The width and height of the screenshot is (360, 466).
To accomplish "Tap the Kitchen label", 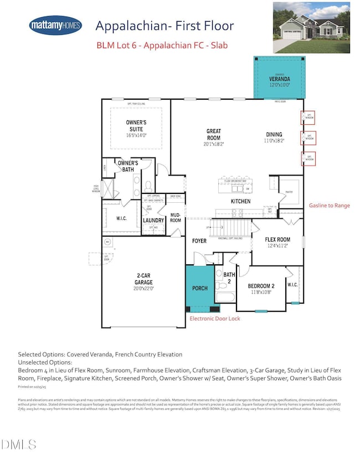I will click(x=241, y=201).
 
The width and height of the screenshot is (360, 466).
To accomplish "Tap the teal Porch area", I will click(x=199, y=288).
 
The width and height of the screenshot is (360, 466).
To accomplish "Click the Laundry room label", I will click(x=153, y=221).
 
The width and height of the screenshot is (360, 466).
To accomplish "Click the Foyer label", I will click(x=199, y=241).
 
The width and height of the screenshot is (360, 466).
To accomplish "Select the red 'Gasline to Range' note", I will click(x=329, y=206).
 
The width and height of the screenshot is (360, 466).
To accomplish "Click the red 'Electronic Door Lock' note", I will click(x=215, y=319).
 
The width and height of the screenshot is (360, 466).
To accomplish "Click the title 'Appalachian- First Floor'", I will click(x=164, y=25).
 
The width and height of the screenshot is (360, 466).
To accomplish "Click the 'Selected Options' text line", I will click(x=100, y=354).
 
